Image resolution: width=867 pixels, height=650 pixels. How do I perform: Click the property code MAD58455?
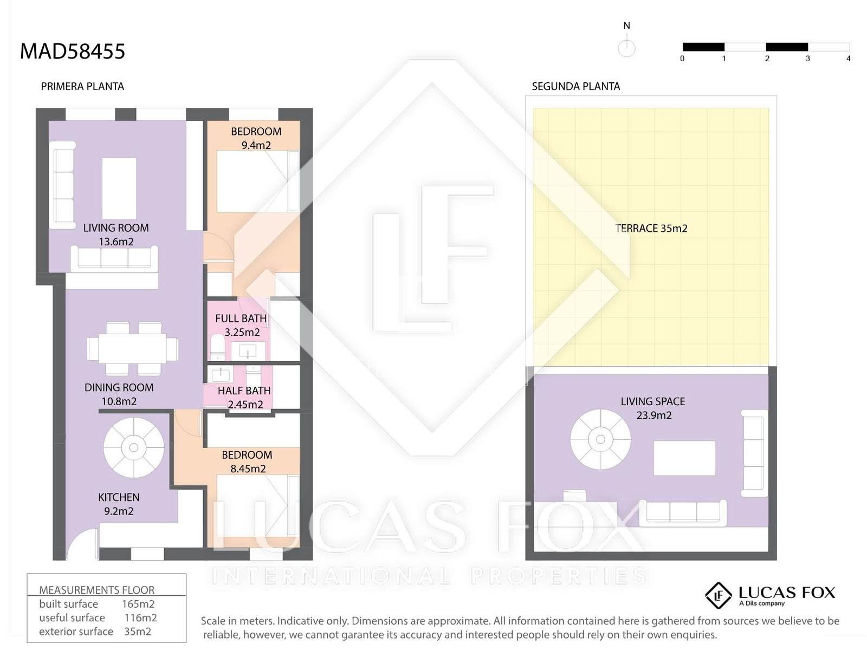[72, 51]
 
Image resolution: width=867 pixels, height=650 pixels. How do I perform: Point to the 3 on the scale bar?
[808, 58]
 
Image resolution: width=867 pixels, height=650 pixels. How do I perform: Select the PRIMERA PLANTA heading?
[82, 87]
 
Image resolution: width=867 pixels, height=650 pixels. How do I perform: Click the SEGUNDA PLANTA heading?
[576, 87]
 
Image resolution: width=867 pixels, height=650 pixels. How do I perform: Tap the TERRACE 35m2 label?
[651, 228]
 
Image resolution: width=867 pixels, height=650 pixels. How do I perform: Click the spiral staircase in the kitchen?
[134, 447]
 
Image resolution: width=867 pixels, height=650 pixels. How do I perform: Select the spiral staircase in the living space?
[600, 439]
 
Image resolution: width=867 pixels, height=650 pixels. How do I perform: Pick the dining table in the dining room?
[133, 349]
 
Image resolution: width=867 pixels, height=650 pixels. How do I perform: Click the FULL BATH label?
[241, 318]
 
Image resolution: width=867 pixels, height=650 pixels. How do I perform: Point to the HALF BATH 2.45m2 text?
[244, 398]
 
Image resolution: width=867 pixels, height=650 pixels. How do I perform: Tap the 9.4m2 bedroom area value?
[256, 145]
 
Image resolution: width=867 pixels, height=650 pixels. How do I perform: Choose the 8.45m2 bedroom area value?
[248, 469]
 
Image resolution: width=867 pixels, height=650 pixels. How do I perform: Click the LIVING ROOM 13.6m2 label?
[116, 235]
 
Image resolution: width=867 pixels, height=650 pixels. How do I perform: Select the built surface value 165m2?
[138, 604]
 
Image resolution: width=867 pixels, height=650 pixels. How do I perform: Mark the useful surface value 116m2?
[140, 617]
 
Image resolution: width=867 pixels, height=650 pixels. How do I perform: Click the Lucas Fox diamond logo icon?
[719, 595]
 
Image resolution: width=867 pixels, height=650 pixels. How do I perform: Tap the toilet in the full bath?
[217, 347]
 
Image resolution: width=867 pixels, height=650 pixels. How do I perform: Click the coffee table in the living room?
[119, 188]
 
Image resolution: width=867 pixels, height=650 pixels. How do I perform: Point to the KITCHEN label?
[119, 497]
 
